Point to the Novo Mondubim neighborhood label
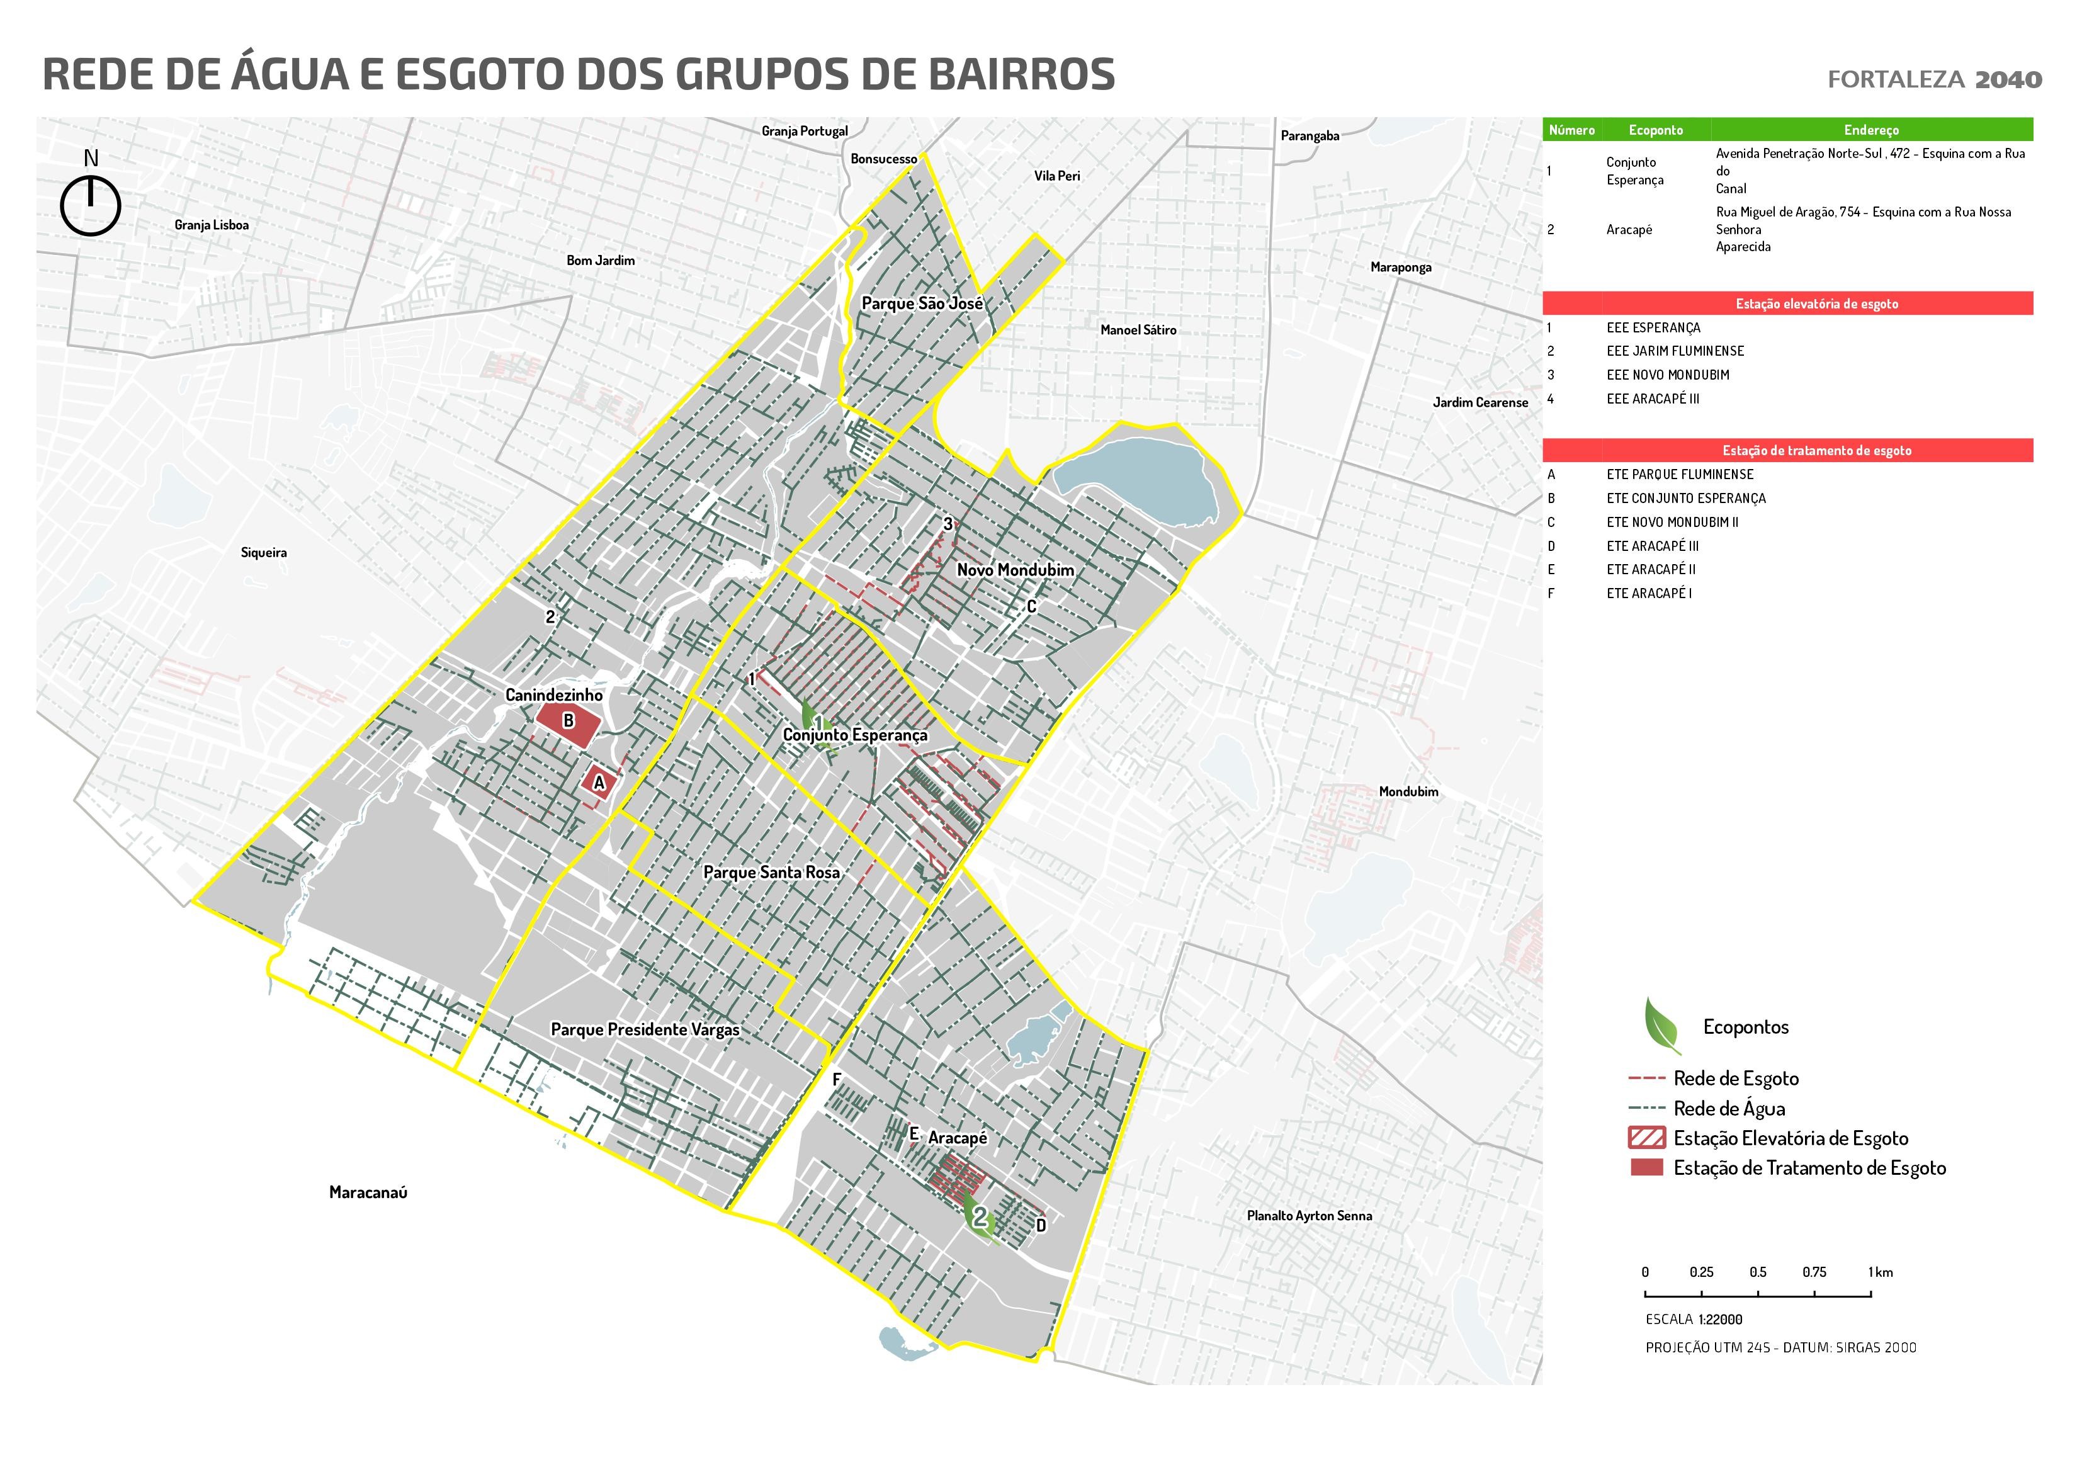click(x=1015, y=570)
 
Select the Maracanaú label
click(x=368, y=1192)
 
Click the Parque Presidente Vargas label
click(x=645, y=1030)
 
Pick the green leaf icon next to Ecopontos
click(x=1661, y=1025)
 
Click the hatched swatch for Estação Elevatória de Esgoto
click(x=1647, y=1138)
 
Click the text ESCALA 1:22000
click(x=1693, y=1320)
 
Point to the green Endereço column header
click(x=1870, y=130)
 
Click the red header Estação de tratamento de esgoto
click(x=1816, y=451)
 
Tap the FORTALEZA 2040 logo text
click(x=1934, y=80)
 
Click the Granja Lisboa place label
click(x=212, y=225)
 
